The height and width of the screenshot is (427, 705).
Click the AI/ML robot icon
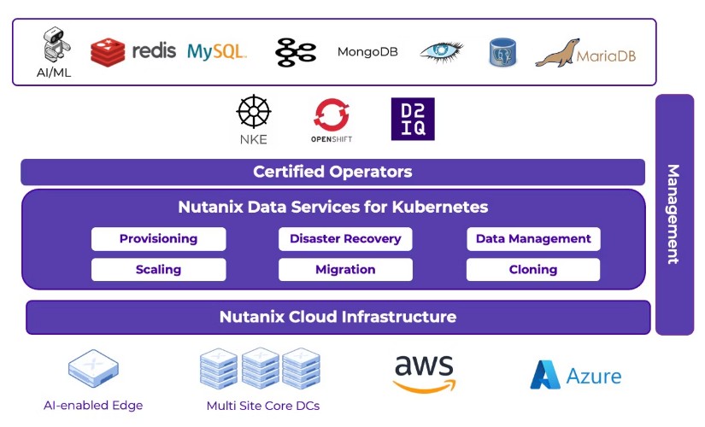(x=56, y=44)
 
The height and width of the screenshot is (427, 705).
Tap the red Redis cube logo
(x=108, y=51)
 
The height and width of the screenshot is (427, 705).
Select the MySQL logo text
(x=217, y=52)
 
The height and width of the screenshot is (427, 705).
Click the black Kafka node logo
(x=296, y=53)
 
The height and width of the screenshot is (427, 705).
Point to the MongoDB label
(x=367, y=52)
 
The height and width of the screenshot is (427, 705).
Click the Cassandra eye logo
(x=442, y=52)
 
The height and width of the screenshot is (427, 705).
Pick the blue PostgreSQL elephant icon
(x=502, y=52)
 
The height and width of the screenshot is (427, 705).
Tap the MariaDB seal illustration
(x=557, y=53)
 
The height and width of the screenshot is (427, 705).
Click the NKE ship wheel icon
(x=254, y=112)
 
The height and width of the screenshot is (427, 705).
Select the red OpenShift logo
(x=332, y=115)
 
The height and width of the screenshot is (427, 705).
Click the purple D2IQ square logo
(x=413, y=119)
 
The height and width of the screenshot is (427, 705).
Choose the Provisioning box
(x=159, y=238)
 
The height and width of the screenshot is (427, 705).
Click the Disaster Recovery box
(x=345, y=238)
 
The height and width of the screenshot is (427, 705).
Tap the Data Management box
(x=533, y=238)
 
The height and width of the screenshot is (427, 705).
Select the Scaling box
(x=159, y=269)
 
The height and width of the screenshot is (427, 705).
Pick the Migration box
(x=345, y=269)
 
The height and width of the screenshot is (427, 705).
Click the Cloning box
(x=533, y=269)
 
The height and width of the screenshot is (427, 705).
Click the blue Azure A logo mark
(x=545, y=374)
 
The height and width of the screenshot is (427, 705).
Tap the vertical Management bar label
(x=673, y=214)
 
